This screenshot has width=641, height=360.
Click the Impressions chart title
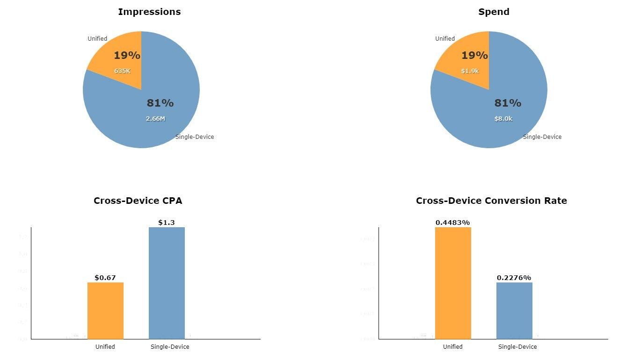tap(149, 12)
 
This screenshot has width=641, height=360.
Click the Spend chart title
tap(494, 12)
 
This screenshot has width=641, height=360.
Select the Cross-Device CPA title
tap(138, 201)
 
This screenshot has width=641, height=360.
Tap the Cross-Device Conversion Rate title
tap(491, 201)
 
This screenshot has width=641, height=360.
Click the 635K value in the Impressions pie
tap(123, 71)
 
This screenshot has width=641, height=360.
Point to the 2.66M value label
tap(155, 119)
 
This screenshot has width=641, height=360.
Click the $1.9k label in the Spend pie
tap(470, 71)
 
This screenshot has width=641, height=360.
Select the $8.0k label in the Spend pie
tap(503, 119)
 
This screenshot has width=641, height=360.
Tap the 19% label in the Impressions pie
tap(127, 56)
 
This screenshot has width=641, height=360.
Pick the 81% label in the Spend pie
tap(508, 103)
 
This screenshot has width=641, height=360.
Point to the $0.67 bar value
tap(105, 278)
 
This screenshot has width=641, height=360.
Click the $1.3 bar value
tap(166, 223)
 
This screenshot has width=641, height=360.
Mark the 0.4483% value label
tap(452, 223)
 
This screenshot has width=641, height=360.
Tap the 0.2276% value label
tap(514, 278)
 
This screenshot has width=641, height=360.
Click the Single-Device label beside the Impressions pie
tap(195, 137)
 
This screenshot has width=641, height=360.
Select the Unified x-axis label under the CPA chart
tap(105, 347)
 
